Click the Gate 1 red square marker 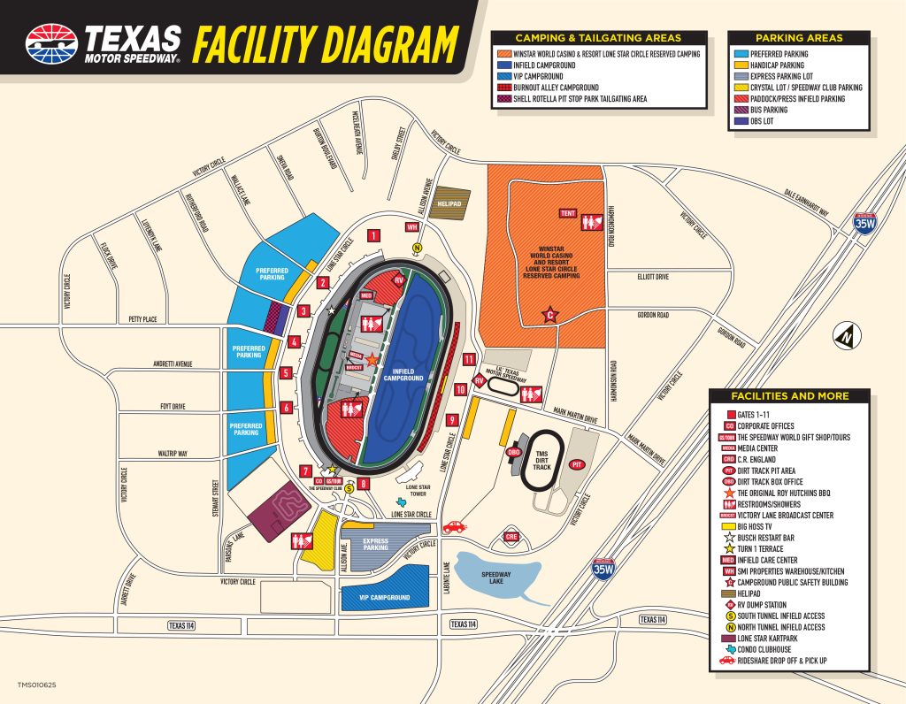374,235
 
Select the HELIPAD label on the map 449,204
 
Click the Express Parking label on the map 375,543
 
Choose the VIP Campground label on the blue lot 385,598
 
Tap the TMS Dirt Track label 541,461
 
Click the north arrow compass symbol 847,336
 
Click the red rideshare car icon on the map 453,527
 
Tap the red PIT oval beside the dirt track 578,463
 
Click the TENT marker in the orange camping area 567,213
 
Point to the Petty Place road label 142,319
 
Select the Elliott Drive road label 653,277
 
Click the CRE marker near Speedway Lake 511,536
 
